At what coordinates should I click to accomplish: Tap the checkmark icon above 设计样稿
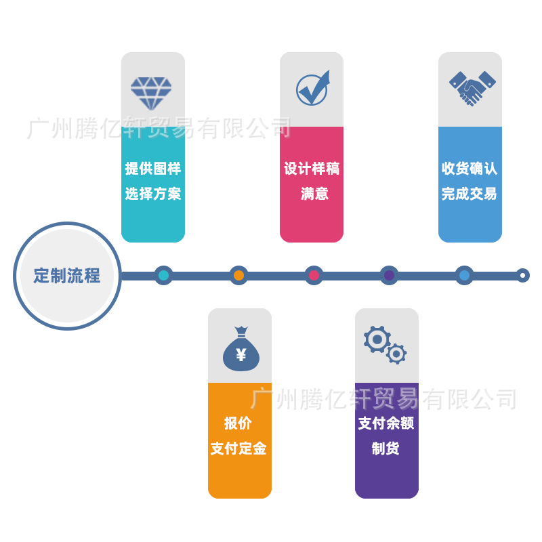[312, 88]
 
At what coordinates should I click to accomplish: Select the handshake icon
[472, 88]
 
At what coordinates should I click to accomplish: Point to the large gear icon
[376, 338]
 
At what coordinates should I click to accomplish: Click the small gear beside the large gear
[396, 353]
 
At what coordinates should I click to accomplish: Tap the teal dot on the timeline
[163, 276]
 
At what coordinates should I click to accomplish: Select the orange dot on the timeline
[238, 276]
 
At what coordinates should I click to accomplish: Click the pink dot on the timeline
[314, 276]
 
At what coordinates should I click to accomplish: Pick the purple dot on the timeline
[389, 276]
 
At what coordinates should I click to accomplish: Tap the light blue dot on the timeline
[464, 276]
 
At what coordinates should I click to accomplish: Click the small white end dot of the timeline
[522, 276]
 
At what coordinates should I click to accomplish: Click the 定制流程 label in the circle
[67, 276]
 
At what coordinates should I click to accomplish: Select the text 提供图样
[153, 169]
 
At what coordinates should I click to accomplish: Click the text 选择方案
[153, 194]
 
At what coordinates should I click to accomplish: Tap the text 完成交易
[470, 194]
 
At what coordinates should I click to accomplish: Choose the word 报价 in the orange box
[238, 423]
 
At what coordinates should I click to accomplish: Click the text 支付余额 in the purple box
[386, 423]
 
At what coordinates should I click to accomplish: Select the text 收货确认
[470, 169]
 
